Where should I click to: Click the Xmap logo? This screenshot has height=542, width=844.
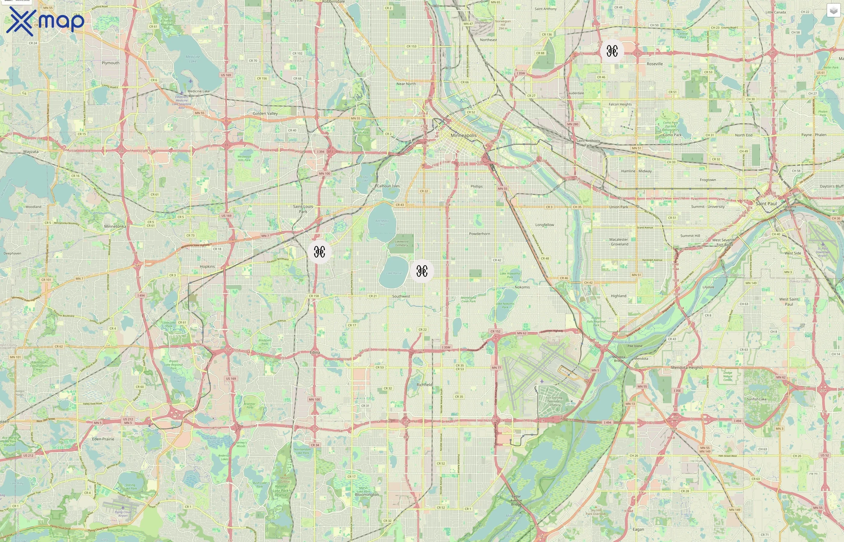45,21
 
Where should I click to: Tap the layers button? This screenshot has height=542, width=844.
833,11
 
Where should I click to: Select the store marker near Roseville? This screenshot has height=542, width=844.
612,51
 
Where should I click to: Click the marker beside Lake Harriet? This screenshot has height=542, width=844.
422,271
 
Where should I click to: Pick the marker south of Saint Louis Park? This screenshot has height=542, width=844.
319,252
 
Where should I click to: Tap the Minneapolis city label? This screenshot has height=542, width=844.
464,135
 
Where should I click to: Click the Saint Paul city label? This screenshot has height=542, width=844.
766,204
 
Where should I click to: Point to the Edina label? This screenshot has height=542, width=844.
315,352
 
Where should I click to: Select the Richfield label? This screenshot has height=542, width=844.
424,385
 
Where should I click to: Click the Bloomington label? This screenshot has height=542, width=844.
367,494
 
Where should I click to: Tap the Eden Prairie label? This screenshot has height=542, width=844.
103,439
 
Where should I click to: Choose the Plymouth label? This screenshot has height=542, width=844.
111,63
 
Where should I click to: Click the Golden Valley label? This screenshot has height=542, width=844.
265,113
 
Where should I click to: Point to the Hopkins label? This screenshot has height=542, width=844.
207,266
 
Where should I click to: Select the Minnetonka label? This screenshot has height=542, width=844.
115,226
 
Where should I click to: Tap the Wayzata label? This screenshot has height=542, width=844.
31,152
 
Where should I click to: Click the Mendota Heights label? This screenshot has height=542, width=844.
687,367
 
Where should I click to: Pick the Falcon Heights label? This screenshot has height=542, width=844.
620,104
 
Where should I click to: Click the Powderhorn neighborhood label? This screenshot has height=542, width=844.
479,234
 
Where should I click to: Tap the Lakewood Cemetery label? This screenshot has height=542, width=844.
402,243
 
